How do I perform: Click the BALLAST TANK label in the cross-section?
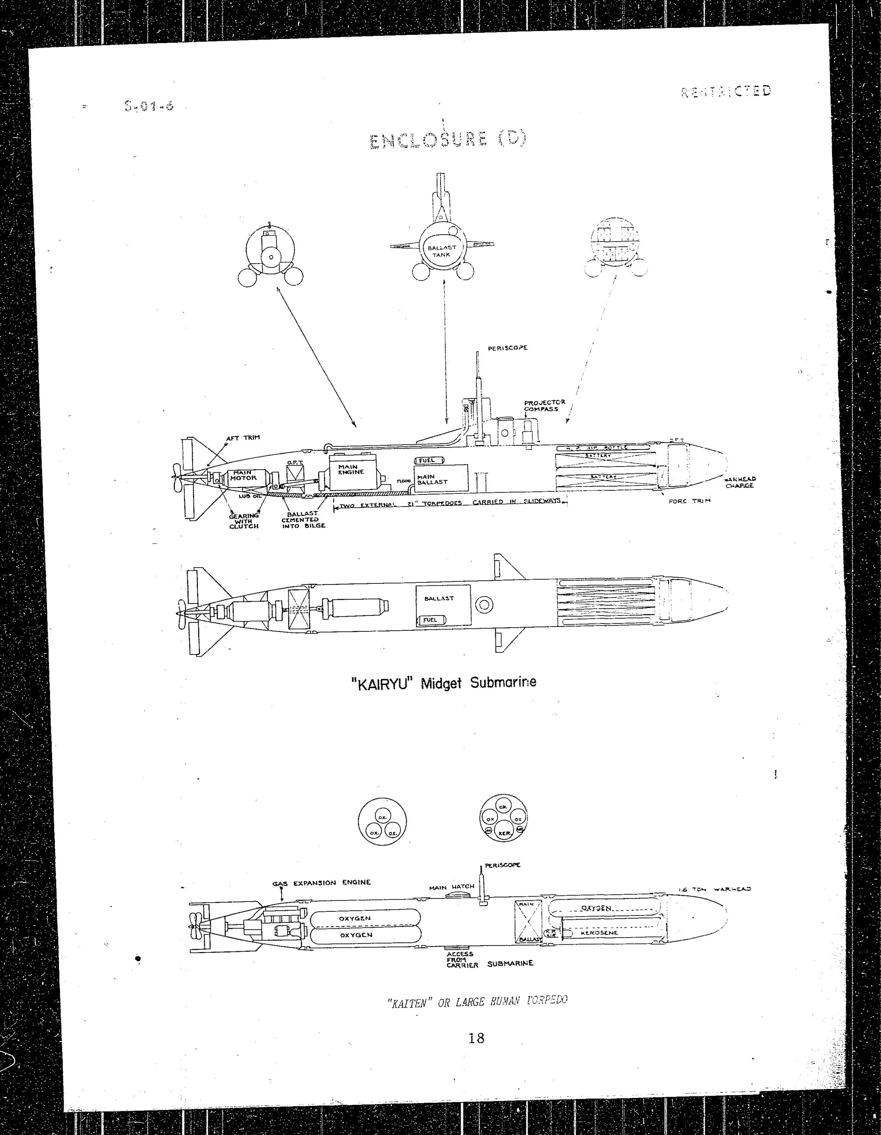pyautogui.click(x=441, y=251)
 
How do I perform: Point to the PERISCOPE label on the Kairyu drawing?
pyautogui.click(x=507, y=348)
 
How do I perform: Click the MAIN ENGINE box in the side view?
pyautogui.click(x=351, y=470)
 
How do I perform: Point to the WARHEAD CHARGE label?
pyautogui.click(x=740, y=482)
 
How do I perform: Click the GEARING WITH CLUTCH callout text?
pyautogui.click(x=244, y=521)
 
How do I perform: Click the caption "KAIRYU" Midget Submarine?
pyautogui.click(x=444, y=683)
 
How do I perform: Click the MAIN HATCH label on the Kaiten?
pyautogui.click(x=452, y=886)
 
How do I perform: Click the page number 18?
pyautogui.click(x=476, y=1039)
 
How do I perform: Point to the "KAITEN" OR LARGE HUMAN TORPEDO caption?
pyautogui.click(x=477, y=1001)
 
